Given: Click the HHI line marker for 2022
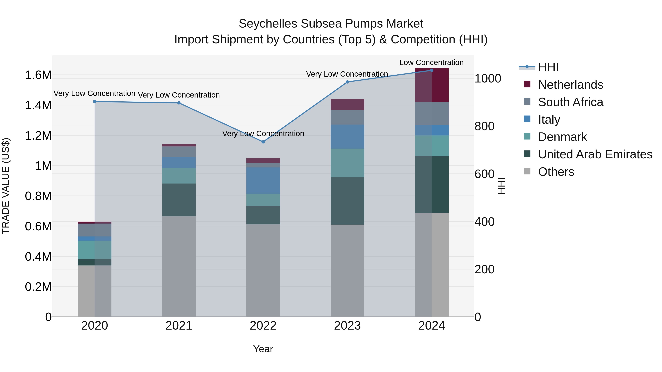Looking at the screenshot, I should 263,142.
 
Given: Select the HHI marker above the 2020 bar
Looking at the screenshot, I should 95,101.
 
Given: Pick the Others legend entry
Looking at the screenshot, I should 556,172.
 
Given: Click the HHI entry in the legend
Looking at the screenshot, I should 548,67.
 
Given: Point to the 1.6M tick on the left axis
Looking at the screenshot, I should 38,75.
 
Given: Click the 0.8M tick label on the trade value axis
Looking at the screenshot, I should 38,196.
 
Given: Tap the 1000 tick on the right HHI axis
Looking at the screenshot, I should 487,79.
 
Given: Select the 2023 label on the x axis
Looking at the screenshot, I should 347,326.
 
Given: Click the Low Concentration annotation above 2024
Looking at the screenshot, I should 431,62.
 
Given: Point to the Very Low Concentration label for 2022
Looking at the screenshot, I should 263,134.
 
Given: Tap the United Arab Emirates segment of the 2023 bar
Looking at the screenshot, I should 347,201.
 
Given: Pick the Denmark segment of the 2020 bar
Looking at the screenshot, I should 95,249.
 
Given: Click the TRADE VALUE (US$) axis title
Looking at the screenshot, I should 6,186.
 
